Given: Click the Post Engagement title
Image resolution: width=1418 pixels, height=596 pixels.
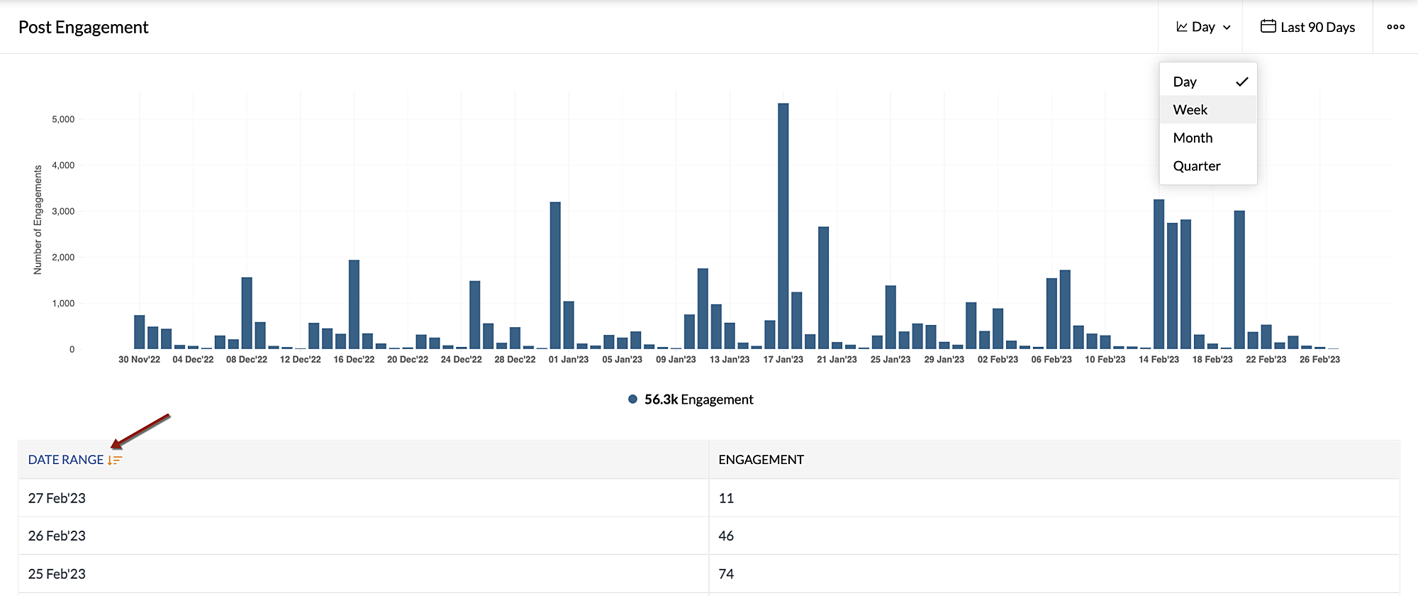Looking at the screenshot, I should [x=83, y=27].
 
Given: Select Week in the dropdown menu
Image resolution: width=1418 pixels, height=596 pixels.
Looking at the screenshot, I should [x=1190, y=110].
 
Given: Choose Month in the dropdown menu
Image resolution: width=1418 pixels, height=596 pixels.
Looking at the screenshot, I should [x=1193, y=138].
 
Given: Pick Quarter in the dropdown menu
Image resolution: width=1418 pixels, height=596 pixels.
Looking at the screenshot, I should [x=1197, y=166].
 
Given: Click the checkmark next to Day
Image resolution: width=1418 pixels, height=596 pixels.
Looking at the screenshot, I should [x=1241, y=82].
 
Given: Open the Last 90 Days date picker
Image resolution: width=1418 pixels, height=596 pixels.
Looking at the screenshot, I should [x=1307, y=27].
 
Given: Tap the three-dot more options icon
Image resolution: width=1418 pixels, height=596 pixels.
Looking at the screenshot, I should [x=1395, y=27].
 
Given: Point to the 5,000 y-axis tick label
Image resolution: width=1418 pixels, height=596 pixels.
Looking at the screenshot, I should [x=63, y=119].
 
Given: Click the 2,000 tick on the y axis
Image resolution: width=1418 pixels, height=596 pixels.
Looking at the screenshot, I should [x=63, y=258].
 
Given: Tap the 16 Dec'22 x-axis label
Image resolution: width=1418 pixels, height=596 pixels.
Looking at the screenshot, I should [x=354, y=360].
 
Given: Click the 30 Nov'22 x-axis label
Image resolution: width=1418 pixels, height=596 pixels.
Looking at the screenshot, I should [x=139, y=360].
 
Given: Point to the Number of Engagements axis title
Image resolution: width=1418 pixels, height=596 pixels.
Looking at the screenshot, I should [x=38, y=220].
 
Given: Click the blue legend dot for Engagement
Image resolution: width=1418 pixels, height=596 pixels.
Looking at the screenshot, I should [x=632, y=399].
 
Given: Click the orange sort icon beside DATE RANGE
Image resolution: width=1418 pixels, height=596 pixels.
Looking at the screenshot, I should [x=115, y=460].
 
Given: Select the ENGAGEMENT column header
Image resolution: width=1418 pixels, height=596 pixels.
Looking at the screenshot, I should [x=761, y=460].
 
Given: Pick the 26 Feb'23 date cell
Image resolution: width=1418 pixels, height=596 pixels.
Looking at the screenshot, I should [x=57, y=536].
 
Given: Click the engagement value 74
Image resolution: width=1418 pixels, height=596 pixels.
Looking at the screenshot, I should [x=726, y=574].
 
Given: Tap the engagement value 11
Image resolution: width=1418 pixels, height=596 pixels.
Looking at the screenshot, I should [x=726, y=498].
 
